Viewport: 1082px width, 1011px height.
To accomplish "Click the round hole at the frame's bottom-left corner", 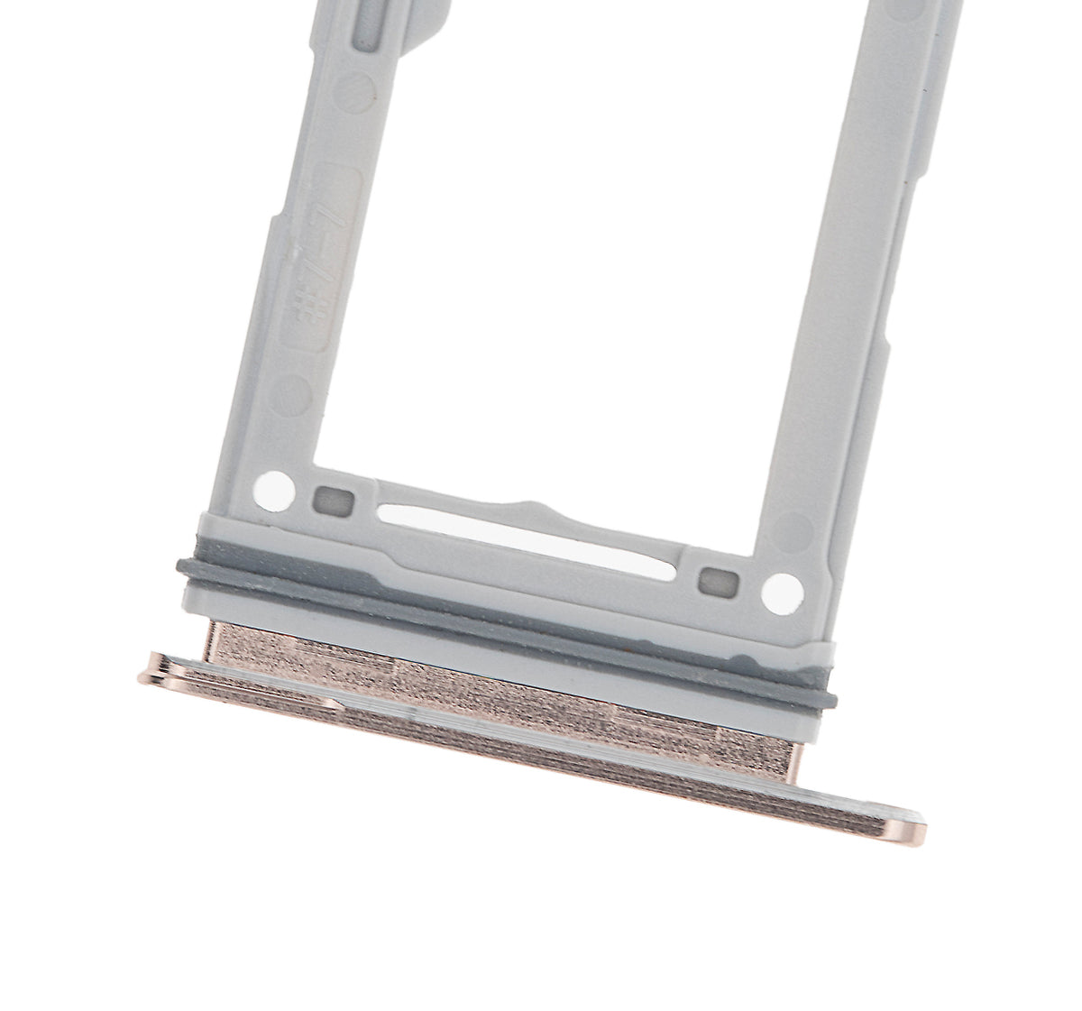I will tap(276, 487).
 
